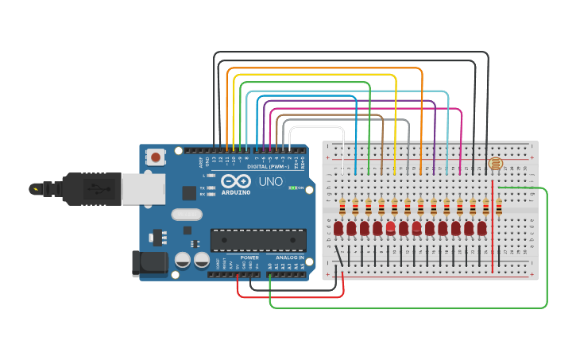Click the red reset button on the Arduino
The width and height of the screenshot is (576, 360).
pos(156,157)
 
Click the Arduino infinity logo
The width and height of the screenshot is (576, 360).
pos(237,181)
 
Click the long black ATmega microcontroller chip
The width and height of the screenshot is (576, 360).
pos(258,240)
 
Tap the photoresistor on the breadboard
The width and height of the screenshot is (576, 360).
pos(497,164)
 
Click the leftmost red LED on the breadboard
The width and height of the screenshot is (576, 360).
pos(338,229)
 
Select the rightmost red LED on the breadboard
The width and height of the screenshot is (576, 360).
pos(482,229)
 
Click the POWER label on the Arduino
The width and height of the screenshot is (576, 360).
pos(249,257)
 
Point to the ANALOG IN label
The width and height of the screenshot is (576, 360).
pos(290,257)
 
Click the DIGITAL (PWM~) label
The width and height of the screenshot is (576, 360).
pos(265,167)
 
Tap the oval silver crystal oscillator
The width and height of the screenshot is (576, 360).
pos(187,214)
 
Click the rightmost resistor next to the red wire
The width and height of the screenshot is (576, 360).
pos(499,207)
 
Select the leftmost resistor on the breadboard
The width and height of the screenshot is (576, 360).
pos(342,207)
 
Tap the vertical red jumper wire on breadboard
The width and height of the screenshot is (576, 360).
pos(493,226)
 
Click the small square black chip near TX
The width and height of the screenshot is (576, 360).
pos(189,192)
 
